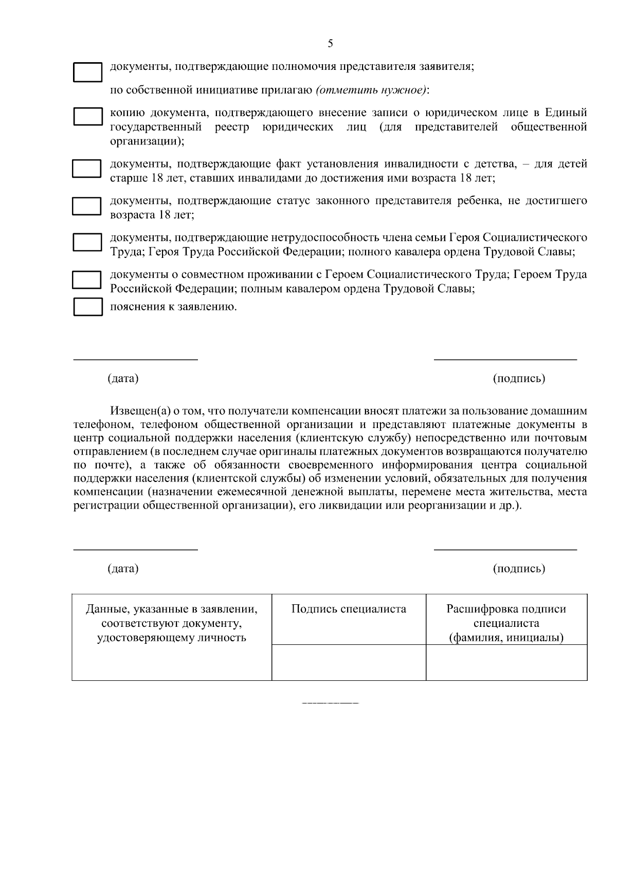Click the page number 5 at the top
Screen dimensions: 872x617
(330, 44)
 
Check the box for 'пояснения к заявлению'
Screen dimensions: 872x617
(88, 307)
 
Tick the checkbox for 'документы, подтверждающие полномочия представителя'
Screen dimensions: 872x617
(88, 72)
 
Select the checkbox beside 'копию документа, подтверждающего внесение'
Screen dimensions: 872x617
(88, 117)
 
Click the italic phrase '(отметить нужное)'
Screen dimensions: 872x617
(371, 90)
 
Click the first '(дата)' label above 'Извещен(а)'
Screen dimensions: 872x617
(123, 379)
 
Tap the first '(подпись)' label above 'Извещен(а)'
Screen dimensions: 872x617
(519, 379)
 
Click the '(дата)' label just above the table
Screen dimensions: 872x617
(123, 569)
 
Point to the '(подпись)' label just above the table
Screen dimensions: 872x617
(519, 569)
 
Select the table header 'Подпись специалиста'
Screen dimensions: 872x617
(349, 609)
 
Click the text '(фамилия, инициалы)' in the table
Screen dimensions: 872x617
(506, 638)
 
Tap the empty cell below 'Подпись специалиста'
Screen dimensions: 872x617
(349, 662)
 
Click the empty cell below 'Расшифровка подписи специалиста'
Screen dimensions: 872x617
(506, 662)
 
